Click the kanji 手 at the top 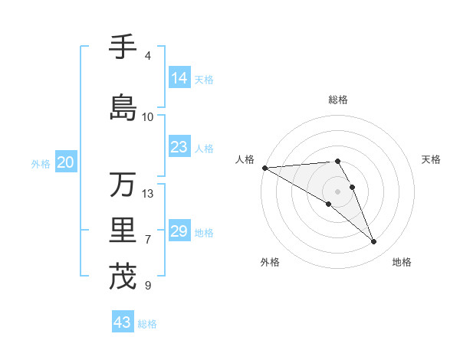[x=123, y=47]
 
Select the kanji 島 [x=123, y=107]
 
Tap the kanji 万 [x=123, y=185]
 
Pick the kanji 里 [x=123, y=231]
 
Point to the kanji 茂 [x=123, y=277]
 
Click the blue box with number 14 [x=179, y=78]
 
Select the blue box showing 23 [x=179, y=147]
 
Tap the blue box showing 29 [x=179, y=231]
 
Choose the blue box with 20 [x=66, y=162]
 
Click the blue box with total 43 [x=123, y=322]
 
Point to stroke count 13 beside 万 [x=148, y=193]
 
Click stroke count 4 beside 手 [x=148, y=56]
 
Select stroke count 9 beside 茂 [x=148, y=286]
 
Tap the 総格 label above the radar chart [x=337, y=100]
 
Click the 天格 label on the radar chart [x=431, y=159]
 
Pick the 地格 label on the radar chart [x=402, y=263]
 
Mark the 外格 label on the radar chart [x=270, y=263]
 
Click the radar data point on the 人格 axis [x=264, y=168]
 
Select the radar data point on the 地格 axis [x=373, y=241]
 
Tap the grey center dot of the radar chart [x=337, y=191]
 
